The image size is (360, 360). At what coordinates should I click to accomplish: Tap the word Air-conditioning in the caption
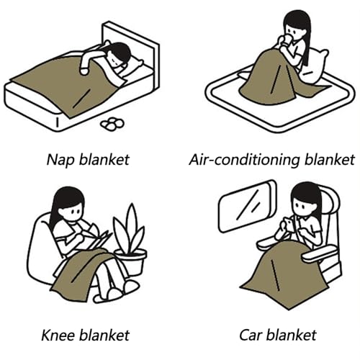(x=244, y=160)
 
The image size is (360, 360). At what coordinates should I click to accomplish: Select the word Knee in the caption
(x=58, y=335)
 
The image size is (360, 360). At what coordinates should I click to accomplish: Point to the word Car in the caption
(x=253, y=336)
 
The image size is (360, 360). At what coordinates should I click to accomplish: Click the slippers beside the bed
(x=112, y=124)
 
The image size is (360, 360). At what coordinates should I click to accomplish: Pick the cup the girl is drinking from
(x=287, y=40)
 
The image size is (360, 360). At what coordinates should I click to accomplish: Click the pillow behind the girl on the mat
(x=315, y=66)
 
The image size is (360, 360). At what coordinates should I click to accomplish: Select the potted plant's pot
(x=131, y=261)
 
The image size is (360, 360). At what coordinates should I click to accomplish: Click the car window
(x=247, y=207)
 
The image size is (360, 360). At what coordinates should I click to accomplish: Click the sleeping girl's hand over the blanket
(x=84, y=71)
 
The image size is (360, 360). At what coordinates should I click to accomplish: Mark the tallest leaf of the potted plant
(x=132, y=223)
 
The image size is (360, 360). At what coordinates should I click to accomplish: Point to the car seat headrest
(x=330, y=204)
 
